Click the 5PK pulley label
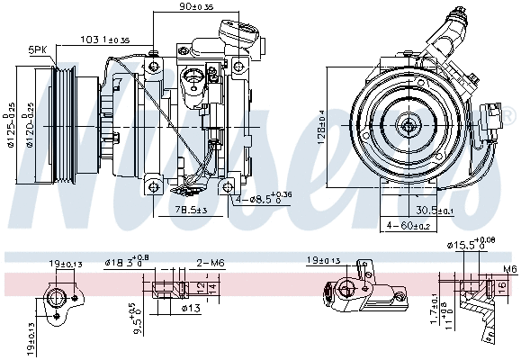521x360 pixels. tap(38, 49)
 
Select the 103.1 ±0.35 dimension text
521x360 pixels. tap(105, 40)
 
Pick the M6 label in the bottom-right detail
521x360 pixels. tap(510, 269)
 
